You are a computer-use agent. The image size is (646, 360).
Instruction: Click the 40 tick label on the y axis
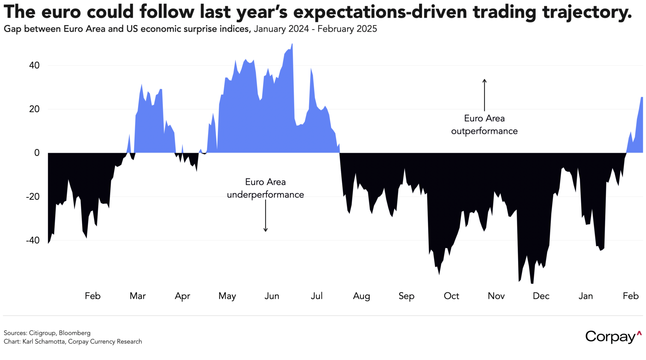coord(35,66)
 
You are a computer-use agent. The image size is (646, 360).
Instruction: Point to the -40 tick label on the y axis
coord(33,240)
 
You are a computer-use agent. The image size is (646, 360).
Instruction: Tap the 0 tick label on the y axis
coord(37,153)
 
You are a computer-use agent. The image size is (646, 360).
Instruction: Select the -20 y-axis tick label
coord(33,197)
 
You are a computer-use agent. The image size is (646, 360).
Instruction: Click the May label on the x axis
coord(227,296)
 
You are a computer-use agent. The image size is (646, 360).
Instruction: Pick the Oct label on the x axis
coord(451,296)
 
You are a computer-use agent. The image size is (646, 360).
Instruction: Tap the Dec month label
coord(541,296)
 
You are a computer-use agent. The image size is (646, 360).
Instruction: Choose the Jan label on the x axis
coord(586,296)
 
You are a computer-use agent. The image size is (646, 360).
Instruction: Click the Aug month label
coord(361,296)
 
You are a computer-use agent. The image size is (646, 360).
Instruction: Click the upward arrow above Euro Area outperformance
coord(484,95)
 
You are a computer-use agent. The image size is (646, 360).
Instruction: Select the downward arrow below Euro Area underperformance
coord(266,216)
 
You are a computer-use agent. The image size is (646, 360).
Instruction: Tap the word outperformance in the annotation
coord(484,131)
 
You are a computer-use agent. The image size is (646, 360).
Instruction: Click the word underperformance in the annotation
coord(266,195)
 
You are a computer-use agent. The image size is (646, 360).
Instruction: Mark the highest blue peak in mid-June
coord(292,44)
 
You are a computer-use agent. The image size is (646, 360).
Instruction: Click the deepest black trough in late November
coord(532,283)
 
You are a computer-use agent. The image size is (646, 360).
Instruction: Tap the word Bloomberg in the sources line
coord(74,333)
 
